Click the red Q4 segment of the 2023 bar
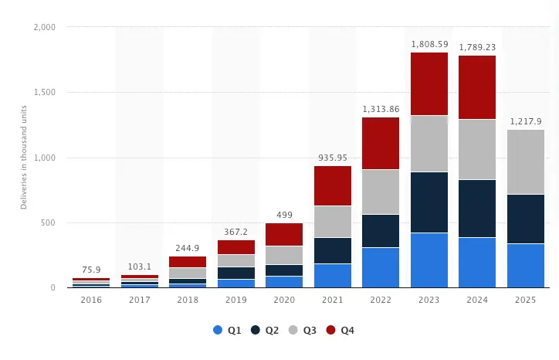click(429, 83)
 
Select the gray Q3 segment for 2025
click(526, 161)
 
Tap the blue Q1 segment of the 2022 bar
click(381, 267)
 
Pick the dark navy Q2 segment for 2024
click(477, 209)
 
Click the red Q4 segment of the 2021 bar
click(333, 185)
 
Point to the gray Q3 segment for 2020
click(284, 255)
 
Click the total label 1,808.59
click(429, 44)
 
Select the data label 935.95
click(333, 158)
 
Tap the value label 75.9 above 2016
click(91, 270)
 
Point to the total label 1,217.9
click(526, 121)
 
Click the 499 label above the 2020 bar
click(284, 215)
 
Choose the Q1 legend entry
click(227, 330)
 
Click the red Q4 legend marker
click(331, 330)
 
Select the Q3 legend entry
click(303, 330)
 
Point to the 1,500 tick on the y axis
click(45, 93)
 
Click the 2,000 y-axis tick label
click(45, 27)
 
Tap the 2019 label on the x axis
click(236, 300)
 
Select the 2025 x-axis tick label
click(526, 300)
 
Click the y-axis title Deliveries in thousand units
click(24, 158)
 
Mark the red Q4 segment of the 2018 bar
click(188, 262)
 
